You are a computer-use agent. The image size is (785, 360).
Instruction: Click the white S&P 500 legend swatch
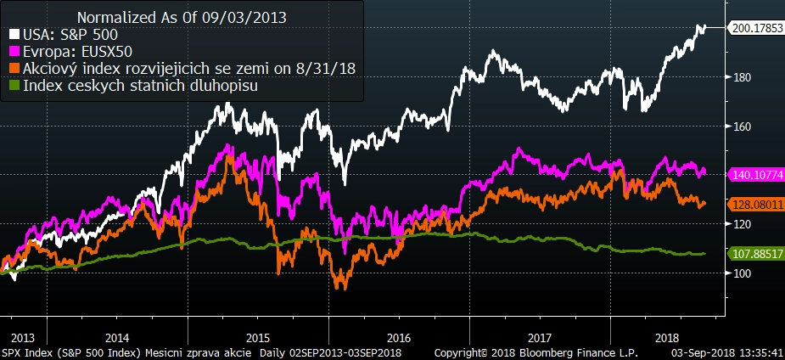tap(14, 34)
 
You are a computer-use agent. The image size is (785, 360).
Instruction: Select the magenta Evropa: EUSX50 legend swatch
tap(14, 51)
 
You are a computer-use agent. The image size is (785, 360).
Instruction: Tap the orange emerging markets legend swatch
tap(14, 69)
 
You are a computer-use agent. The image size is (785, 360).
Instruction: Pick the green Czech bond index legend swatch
tap(14, 86)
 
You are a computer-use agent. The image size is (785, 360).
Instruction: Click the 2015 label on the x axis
tap(258, 336)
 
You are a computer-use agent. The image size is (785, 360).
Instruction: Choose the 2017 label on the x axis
tap(541, 336)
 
